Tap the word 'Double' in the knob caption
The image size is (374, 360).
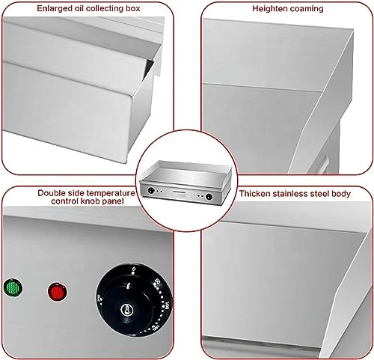53,193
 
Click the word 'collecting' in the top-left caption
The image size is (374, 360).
102,9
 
